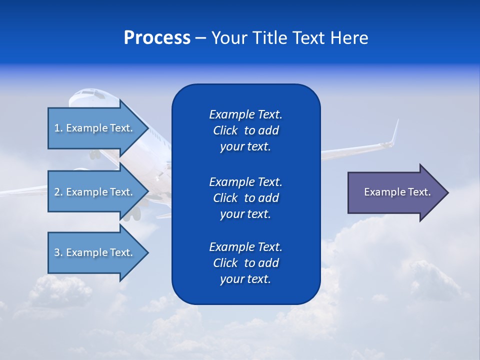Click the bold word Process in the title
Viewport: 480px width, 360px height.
(157, 38)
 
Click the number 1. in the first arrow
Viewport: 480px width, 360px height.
(58, 128)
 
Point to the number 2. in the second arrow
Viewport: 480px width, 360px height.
(58, 192)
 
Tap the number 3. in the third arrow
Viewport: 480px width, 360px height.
(58, 252)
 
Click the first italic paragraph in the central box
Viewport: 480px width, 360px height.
(245, 130)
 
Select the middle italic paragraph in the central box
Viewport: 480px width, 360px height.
(245, 198)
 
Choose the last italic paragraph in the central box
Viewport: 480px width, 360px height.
(245, 263)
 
